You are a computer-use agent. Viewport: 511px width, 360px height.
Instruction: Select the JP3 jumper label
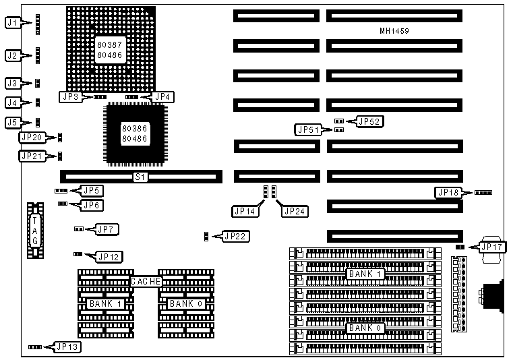[71, 96]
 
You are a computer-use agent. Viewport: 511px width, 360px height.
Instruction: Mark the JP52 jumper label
[369, 121]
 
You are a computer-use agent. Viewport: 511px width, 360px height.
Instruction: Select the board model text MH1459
[394, 31]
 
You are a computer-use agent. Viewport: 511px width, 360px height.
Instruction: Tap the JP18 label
[449, 193]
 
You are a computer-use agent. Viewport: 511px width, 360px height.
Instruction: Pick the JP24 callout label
[295, 211]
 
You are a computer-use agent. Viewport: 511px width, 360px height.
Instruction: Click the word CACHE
[146, 280]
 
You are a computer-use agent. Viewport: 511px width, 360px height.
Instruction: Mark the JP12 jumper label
[109, 256]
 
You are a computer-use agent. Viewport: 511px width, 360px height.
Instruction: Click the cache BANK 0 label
[185, 304]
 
